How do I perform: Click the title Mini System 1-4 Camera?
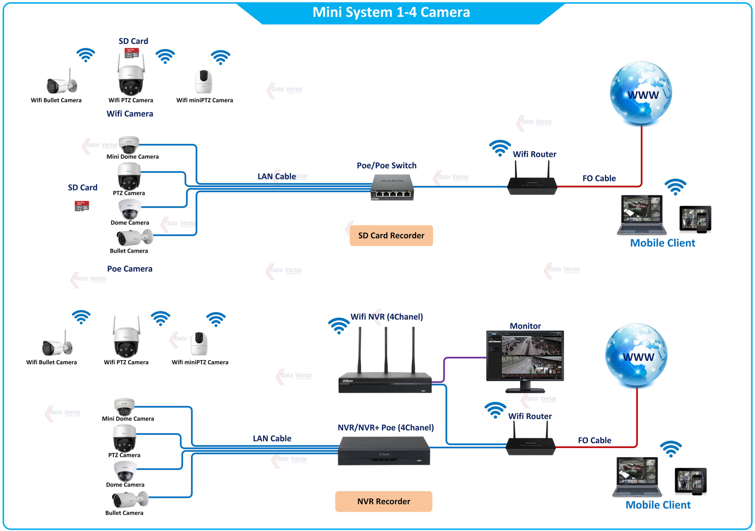point(391,12)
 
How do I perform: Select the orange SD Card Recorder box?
point(391,236)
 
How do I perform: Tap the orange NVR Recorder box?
point(383,502)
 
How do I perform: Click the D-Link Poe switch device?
point(392,188)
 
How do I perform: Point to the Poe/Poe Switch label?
point(386,166)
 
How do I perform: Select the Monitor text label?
point(525,326)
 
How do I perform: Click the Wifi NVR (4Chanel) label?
point(387,317)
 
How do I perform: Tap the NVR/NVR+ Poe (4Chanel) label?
point(386,428)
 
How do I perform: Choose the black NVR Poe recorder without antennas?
point(384,451)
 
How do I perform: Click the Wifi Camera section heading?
point(130,114)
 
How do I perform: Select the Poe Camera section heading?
point(130,269)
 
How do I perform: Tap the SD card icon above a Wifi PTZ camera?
point(132,53)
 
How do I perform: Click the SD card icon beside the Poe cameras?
point(82,206)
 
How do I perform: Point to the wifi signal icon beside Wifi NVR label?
point(339,325)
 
